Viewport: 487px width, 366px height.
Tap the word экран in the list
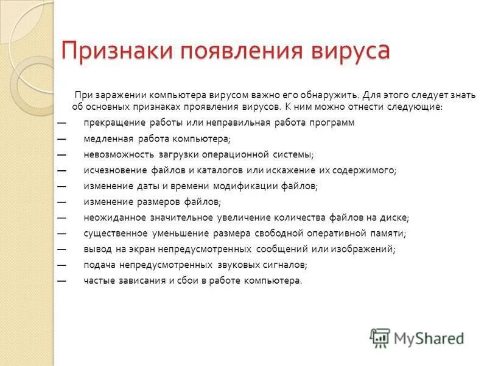pyautogui.click(x=141, y=249)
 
